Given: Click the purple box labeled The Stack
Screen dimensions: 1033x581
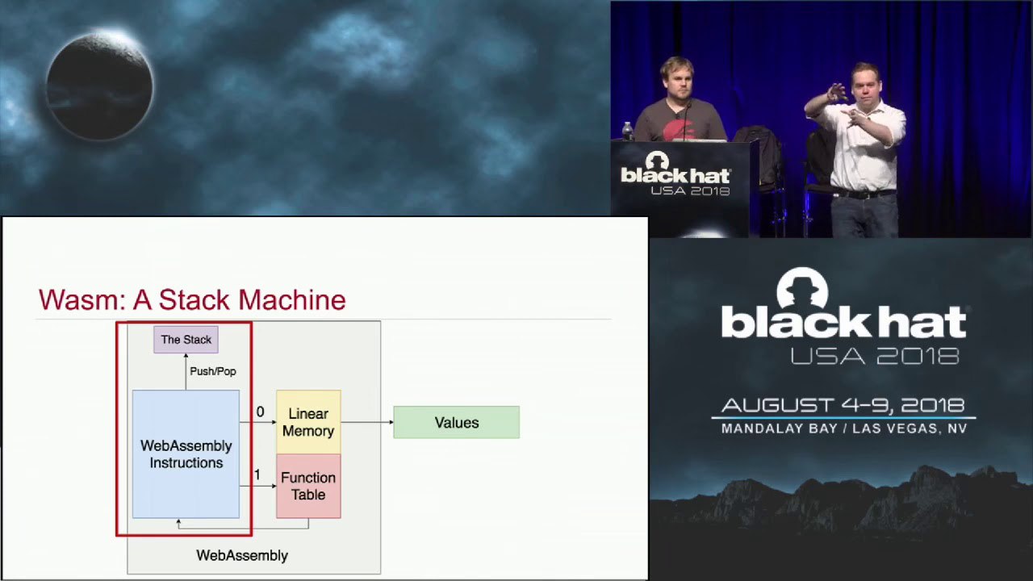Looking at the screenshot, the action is coord(186,340).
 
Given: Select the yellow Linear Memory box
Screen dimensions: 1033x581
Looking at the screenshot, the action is coord(308,422).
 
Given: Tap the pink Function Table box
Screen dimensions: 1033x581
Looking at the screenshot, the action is coord(308,486).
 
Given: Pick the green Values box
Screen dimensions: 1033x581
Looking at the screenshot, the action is coord(457,422).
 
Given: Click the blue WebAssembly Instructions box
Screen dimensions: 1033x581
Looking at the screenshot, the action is coord(186,454).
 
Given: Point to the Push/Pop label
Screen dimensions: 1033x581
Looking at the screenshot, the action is coord(213,371).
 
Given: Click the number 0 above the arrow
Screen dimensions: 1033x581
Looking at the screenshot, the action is coord(260,412).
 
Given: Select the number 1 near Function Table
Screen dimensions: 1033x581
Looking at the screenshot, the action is coord(257,474).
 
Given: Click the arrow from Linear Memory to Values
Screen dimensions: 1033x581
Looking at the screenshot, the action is coord(367,422).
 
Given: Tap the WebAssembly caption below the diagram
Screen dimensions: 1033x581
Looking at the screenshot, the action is coord(242,556).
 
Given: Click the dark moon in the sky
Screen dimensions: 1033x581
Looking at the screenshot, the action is coord(99,86).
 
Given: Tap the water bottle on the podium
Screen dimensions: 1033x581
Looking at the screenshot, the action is coord(627,131).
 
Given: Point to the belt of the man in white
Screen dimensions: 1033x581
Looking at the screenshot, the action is coord(864,194).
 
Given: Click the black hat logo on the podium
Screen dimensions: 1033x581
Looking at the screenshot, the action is coord(675,173).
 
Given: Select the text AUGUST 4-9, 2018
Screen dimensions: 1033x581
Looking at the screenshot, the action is coord(843,406).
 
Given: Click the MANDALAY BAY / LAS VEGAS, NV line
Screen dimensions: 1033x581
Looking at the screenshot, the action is coord(844,428).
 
